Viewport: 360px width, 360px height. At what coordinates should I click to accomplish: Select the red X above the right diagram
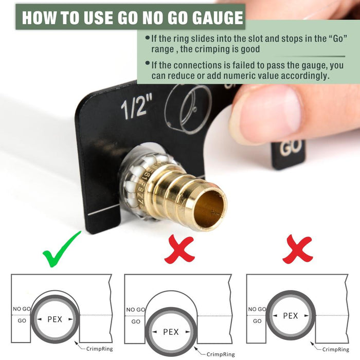298,249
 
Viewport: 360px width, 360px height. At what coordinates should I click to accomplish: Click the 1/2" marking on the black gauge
136,109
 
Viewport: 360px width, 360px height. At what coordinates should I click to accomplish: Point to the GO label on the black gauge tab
291,148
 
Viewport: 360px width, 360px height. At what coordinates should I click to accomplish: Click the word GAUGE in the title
217,17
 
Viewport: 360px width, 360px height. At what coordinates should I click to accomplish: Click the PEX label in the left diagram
55,319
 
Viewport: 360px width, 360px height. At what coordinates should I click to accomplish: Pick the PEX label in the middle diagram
171,332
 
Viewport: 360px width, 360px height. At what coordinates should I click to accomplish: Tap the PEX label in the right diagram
291,315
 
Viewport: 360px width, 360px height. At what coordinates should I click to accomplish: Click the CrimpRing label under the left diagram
99,349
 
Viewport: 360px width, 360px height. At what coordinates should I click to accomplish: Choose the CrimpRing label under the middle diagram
221,354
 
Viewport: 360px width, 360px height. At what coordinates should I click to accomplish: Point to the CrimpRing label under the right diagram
335,349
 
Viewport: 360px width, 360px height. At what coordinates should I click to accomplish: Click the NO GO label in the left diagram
22,309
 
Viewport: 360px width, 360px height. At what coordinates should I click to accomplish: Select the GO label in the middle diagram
136,321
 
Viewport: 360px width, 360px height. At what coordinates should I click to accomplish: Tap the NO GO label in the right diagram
257,309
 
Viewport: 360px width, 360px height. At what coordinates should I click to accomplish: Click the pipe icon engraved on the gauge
188,109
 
